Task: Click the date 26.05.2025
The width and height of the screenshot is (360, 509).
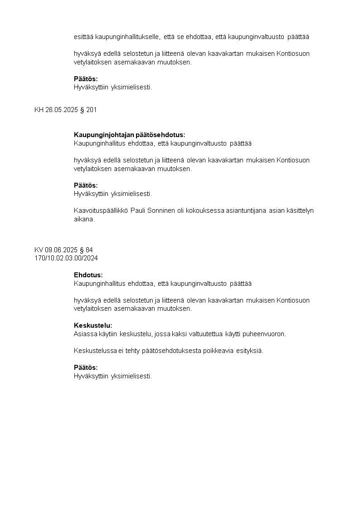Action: click(x=62, y=110)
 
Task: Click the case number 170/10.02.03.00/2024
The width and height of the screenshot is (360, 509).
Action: click(x=66, y=258)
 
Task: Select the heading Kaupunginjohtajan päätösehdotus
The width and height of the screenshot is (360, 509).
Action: click(x=129, y=135)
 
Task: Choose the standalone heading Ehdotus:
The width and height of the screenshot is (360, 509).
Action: click(x=88, y=275)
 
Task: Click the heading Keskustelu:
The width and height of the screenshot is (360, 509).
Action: click(x=93, y=325)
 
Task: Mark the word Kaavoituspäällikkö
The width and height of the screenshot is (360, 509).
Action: click(x=101, y=210)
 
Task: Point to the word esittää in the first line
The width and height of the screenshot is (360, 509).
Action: click(x=84, y=37)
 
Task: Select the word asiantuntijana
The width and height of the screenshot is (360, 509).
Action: click(x=246, y=210)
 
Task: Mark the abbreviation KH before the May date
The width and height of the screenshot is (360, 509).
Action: click(x=39, y=110)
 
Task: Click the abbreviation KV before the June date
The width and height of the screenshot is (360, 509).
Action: click(x=39, y=250)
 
